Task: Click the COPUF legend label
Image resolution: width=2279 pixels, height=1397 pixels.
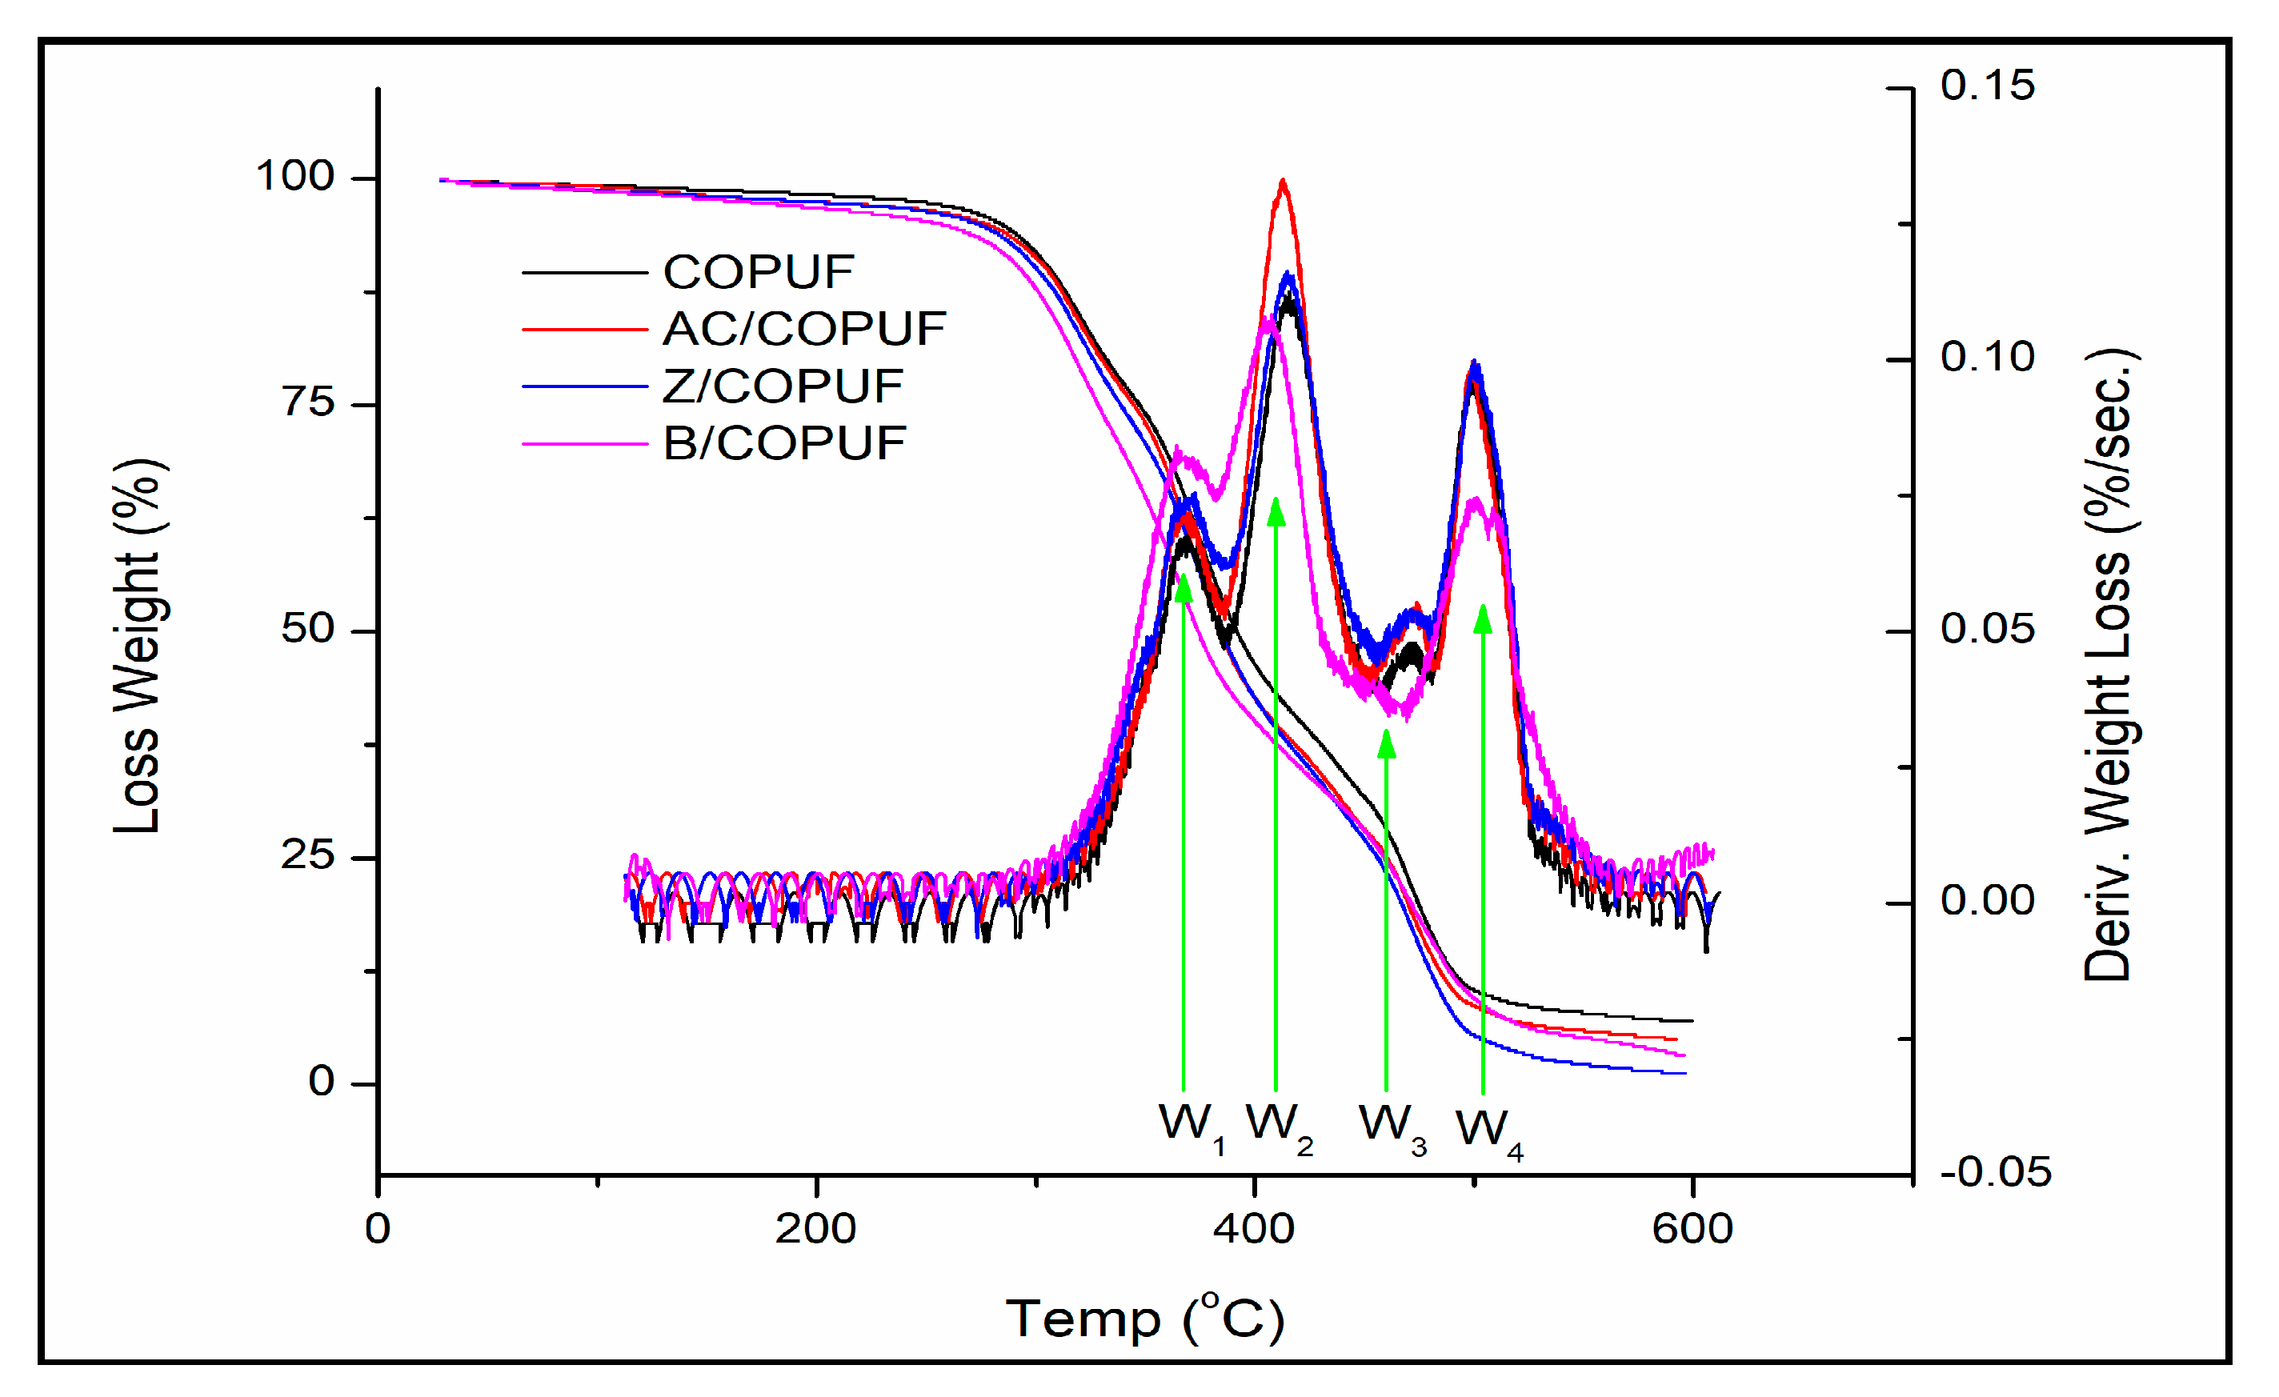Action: (x=758, y=272)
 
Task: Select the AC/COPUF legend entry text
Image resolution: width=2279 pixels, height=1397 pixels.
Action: (x=803, y=329)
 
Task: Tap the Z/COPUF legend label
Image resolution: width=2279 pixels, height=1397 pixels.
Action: (x=783, y=386)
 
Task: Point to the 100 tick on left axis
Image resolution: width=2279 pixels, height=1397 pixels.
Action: (x=294, y=176)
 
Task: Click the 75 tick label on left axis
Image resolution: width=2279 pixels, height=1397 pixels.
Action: (x=308, y=402)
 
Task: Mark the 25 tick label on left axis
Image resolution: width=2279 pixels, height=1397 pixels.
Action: (x=308, y=855)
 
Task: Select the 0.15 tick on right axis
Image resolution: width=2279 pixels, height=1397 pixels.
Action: (x=1987, y=85)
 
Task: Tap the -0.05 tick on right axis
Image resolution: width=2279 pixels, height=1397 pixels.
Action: (x=1995, y=1172)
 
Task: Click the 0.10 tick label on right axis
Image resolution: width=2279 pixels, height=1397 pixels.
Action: (x=1987, y=357)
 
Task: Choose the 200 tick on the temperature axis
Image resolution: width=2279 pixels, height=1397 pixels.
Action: (x=815, y=1229)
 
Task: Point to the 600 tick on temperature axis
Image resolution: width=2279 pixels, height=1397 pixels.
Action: (x=1692, y=1229)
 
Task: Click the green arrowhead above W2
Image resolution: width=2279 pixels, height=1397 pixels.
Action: (x=1276, y=511)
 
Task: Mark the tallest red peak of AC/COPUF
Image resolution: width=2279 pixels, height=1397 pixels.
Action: (x=1282, y=183)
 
